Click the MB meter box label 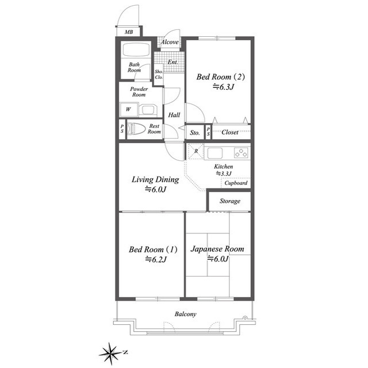click(x=129, y=32)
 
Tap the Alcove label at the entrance click(x=170, y=42)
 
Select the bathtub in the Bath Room click(x=136, y=49)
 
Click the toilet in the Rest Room click(x=136, y=129)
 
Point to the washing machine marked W click(x=129, y=109)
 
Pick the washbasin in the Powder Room click(x=148, y=110)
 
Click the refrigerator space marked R click(x=196, y=151)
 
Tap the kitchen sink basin click(x=214, y=153)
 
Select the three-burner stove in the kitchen click(x=241, y=153)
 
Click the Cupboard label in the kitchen click(x=236, y=183)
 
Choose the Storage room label click(x=230, y=201)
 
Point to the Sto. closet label click(x=195, y=133)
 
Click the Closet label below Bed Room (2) click(x=230, y=132)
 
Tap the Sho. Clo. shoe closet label click(x=159, y=74)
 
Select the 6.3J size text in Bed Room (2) click(x=224, y=87)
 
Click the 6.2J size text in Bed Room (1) click(x=156, y=259)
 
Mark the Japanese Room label click(x=217, y=249)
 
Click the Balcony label click(x=185, y=314)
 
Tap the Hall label click(x=174, y=115)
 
